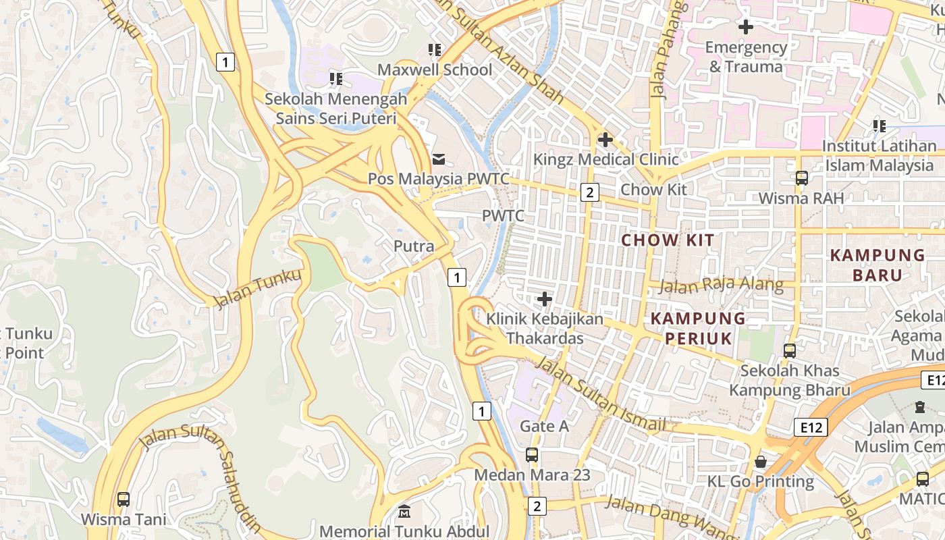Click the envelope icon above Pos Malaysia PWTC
tap(439, 159)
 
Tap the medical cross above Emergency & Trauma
tap(746, 27)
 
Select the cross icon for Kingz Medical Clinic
tap(605, 140)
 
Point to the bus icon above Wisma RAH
tap(801, 178)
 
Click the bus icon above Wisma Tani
tap(123, 500)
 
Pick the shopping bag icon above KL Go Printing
tap(761, 462)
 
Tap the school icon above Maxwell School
tap(435, 50)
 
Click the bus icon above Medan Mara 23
tap(532, 455)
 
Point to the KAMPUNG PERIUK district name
tap(699, 328)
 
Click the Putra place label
tap(414, 246)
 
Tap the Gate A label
tap(544, 426)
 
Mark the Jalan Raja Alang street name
tap(721, 286)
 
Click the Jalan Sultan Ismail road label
tap(600, 395)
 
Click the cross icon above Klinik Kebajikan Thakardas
tap(545, 298)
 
